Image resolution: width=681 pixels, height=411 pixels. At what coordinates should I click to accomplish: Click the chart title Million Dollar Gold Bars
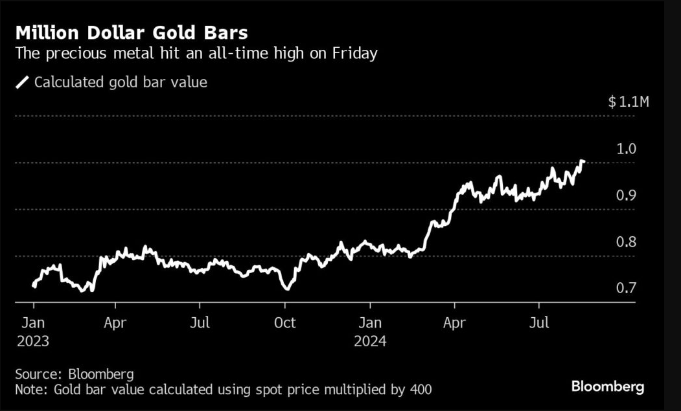(x=132, y=33)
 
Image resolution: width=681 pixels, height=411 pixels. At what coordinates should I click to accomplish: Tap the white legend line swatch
(x=23, y=82)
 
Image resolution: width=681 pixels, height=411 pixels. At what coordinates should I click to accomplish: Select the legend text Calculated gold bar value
(x=121, y=82)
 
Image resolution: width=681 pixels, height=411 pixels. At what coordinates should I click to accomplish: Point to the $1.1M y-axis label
(x=628, y=102)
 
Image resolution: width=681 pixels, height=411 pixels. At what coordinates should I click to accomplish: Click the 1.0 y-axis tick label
(x=627, y=149)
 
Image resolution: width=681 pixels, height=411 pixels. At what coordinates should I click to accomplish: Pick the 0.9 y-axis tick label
(x=627, y=195)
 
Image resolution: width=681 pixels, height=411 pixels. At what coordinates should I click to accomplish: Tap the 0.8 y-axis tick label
(x=627, y=242)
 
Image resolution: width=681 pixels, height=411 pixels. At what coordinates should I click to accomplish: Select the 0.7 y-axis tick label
(x=627, y=289)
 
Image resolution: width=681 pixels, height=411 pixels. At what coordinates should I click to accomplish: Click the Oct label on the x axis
(x=285, y=322)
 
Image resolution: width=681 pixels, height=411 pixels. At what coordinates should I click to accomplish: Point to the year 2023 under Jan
(x=32, y=340)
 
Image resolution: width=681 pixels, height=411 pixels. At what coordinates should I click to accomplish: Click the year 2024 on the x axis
(x=370, y=340)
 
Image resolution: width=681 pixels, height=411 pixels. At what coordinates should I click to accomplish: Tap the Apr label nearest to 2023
(x=115, y=322)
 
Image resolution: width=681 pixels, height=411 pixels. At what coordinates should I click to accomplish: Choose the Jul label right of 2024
(x=540, y=322)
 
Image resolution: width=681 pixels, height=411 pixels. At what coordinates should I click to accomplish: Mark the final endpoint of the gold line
(x=583, y=161)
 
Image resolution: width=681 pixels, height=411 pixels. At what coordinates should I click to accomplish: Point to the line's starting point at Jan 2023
(x=33, y=285)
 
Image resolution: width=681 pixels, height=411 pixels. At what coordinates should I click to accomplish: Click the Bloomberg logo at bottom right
(x=607, y=387)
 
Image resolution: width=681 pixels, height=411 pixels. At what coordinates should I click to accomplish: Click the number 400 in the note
(x=420, y=390)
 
